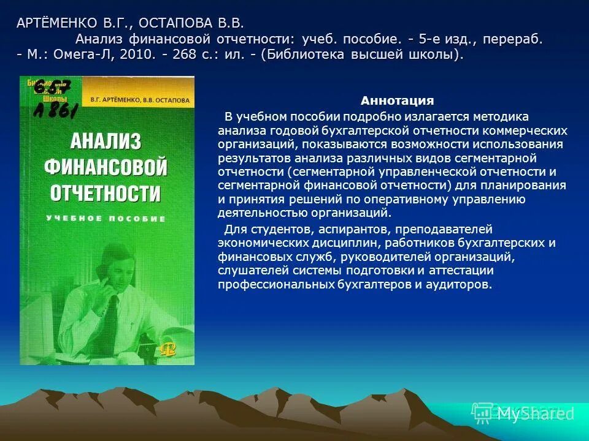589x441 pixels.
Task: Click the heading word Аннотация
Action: pos(397,101)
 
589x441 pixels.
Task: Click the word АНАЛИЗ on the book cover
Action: pos(106,142)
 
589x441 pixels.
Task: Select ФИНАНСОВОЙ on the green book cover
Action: pos(106,167)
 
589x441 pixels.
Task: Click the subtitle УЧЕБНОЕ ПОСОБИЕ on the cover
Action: pos(106,219)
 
